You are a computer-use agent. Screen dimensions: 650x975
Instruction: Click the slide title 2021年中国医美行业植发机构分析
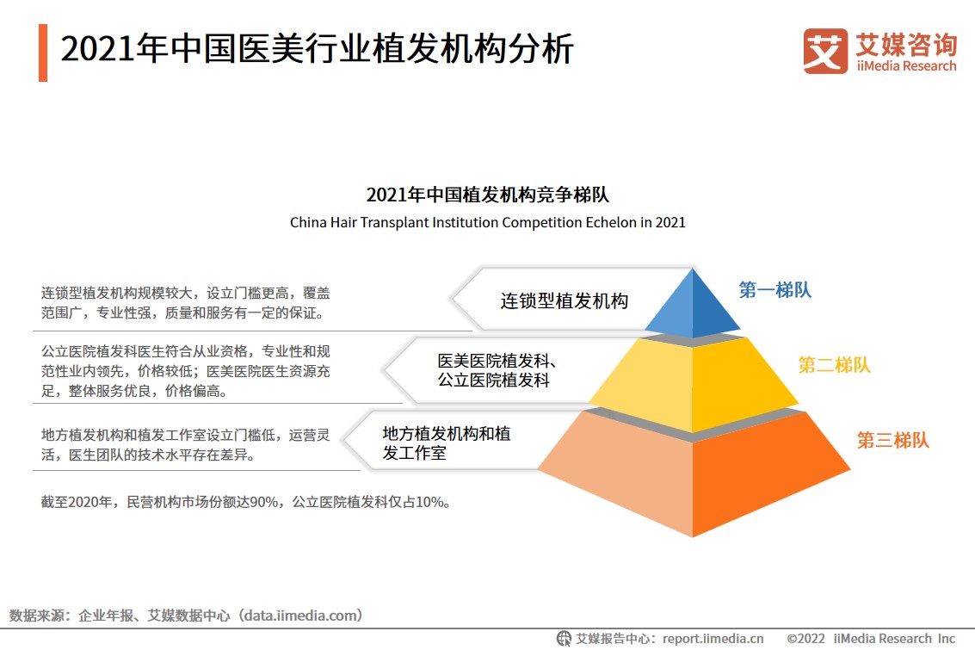(x=317, y=50)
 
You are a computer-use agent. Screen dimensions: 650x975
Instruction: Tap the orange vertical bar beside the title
(x=42, y=53)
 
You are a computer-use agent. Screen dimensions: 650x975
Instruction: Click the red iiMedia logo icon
(x=825, y=52)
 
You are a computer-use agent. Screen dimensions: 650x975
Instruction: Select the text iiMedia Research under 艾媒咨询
(x=906, y=66)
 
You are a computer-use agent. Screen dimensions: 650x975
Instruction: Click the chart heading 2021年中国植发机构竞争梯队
(x=487, y=194)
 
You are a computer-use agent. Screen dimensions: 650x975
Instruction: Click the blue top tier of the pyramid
(x=693, y=306)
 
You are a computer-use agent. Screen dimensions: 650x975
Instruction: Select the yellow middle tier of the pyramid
(x=693, y=383)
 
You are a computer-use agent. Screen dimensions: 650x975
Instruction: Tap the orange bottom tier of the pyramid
(x=693, y=474)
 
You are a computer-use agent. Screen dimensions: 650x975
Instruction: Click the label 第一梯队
(x=774, y=290)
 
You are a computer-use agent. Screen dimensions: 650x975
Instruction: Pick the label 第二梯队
(x=834, y=365)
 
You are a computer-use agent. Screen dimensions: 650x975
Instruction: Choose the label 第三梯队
(x=893, y=441)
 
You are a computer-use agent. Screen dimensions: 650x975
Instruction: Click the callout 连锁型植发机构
(x=565, y=300)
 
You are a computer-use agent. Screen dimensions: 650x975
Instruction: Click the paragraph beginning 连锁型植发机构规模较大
(x=185, y=303)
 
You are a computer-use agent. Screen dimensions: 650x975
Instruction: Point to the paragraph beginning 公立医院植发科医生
(x=185, y=371)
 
